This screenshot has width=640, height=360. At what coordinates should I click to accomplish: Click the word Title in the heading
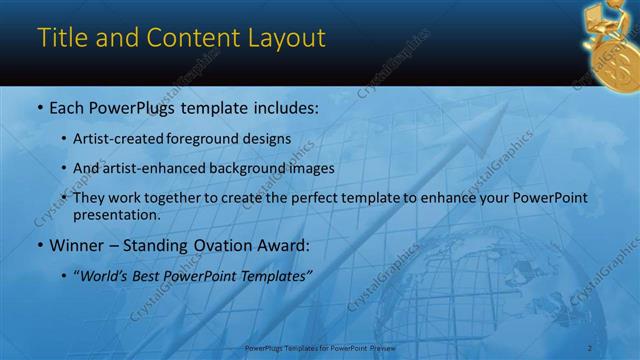point(59,38)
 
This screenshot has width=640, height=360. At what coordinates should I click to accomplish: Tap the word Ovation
point(222,246)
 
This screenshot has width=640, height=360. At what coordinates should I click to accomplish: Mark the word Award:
point(284,246)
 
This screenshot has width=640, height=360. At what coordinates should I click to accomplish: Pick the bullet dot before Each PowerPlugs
point(39,107)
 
